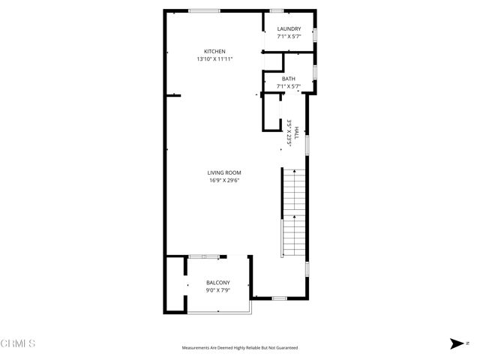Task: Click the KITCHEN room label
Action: coord(214,51)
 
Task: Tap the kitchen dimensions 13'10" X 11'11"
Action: coord(214,58)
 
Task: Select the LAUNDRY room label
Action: coord(289,29)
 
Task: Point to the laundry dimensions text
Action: coord(289,36)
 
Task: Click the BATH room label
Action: coord(289,79)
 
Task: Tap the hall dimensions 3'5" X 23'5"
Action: coord(289,133)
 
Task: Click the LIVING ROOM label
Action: coord(224,172)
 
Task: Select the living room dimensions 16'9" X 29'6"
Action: coord(224,180)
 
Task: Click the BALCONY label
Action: coord(218,282)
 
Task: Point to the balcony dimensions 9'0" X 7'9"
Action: coord(218,289)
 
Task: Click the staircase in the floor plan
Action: coord(294,214)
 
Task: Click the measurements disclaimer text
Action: coord(240,348)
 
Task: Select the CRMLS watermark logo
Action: coord(18,343)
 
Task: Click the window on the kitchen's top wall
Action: coord(204,10)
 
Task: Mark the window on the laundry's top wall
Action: coord(276,10)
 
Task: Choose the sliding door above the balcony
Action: coord(204,256)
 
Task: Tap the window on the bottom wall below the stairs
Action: coord(279,298)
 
